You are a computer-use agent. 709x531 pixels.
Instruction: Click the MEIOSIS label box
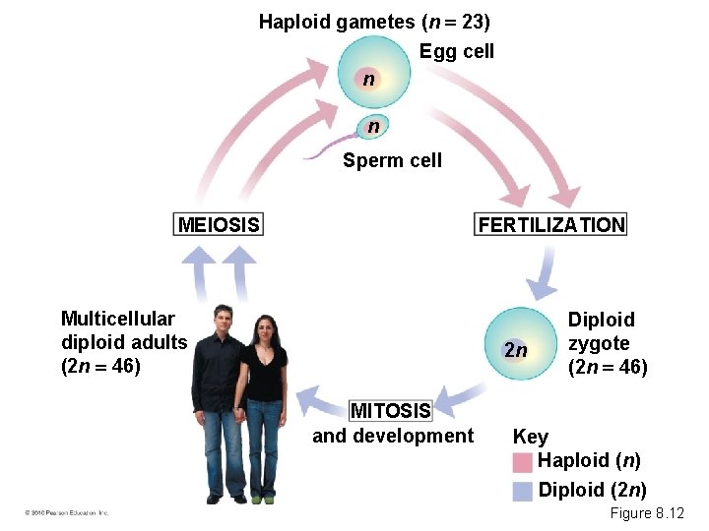tap(219, 225)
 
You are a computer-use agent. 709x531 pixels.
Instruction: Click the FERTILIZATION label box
tap(551, 225)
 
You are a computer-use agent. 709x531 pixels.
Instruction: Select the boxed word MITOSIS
tap(391, 410)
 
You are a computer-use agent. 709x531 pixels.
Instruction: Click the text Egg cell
tap(456, 51)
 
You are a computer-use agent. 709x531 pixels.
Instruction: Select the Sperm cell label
tap(392, 160)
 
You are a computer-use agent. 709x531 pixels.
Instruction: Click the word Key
tap(530, 437)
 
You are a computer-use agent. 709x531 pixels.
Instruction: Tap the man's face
tap(224, 321)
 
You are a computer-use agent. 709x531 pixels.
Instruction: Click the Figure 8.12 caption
tap(646, 513)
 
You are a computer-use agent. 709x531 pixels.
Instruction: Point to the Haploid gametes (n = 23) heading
tap(374, 22)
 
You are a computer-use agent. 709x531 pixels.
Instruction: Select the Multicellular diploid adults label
tap(123, 342)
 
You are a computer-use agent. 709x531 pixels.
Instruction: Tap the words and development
tap(392, 436)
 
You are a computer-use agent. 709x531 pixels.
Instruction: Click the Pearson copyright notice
tap(67, 513)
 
